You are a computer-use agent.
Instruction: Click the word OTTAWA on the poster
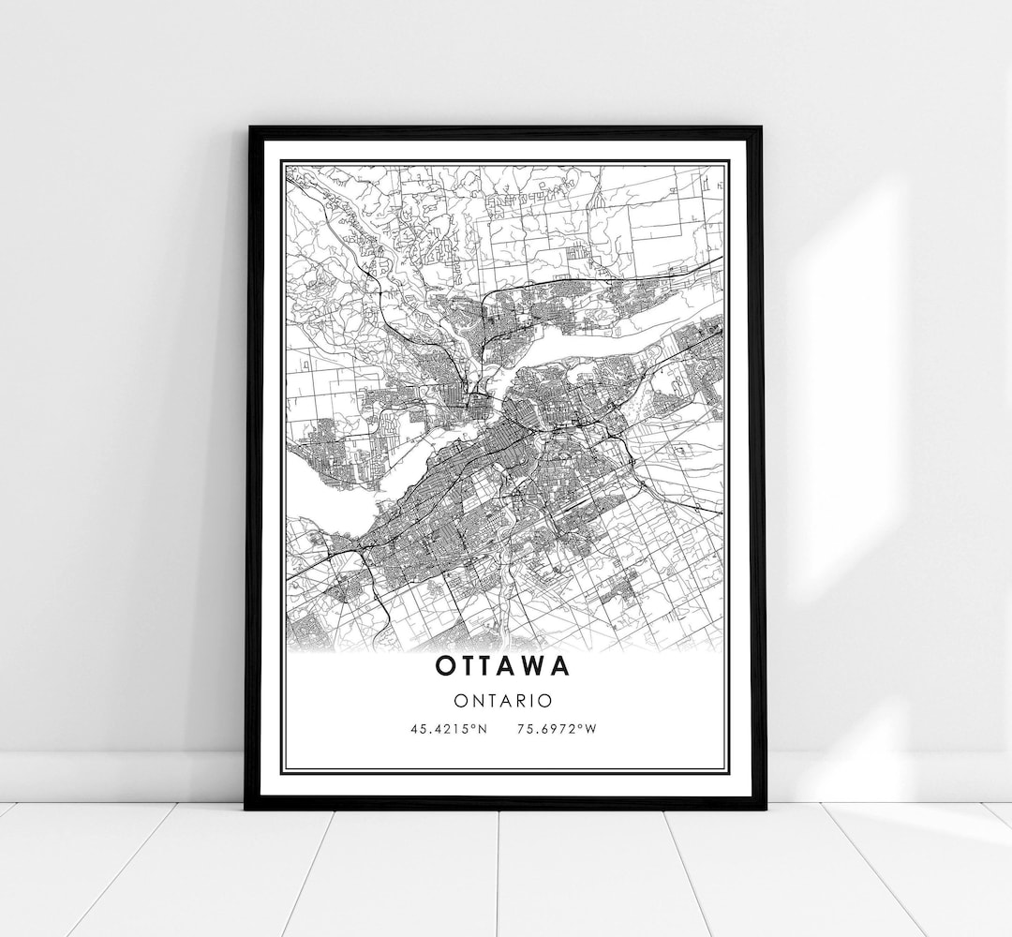(502, 666)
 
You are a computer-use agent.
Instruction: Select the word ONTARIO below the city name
(502, 700)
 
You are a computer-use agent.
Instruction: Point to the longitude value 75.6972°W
(557, 729)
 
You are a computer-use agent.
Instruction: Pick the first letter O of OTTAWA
(445, 666)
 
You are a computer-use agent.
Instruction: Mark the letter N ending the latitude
(483, 729)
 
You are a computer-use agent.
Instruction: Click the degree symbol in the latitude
(474, 726)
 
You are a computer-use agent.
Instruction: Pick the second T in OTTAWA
(485, 666)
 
